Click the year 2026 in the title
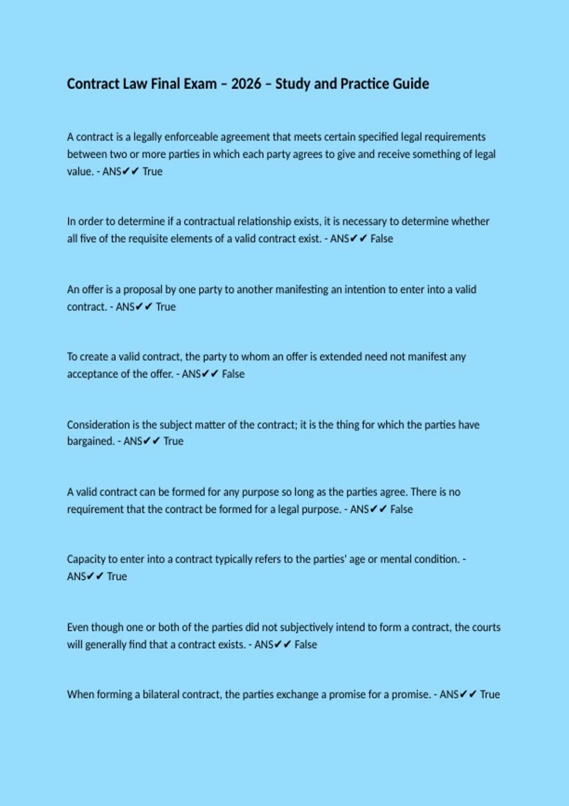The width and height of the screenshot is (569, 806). (x=246, y=84)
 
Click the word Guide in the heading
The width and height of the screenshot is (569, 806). (x=411, y=84)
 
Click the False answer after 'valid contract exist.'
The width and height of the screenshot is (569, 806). (x=382, y=238)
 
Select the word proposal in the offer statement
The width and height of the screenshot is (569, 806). (x=143, y=290)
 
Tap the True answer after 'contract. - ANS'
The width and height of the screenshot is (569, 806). (x=165, y=307)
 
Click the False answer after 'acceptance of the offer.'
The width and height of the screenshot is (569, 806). (x=233, y=374)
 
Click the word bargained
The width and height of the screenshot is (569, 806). (x=91, y=441)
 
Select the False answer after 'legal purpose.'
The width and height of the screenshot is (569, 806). (x=402, y=509)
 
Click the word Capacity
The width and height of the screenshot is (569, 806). (x=86, y=559)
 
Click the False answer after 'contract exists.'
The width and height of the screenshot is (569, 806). (x=306, y=645)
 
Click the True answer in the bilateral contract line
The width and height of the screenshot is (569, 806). (x=490, y=695)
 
